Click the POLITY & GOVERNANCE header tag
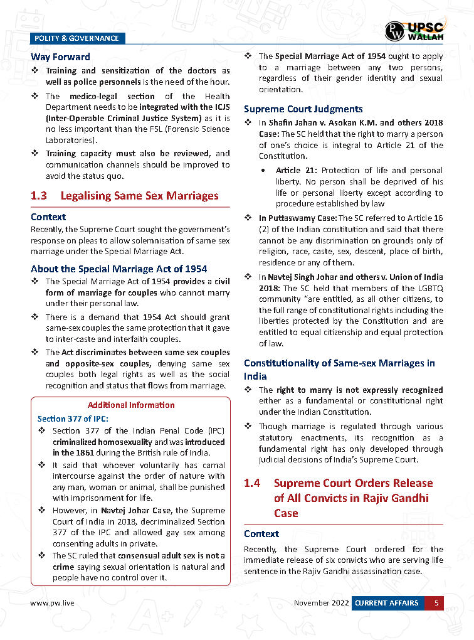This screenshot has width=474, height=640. [x=77, y=38]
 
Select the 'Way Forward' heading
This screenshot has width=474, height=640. [x=60, y=57]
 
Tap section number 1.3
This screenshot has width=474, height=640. [x=39, y=196]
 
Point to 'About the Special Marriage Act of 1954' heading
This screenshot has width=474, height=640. [x=118, y=269]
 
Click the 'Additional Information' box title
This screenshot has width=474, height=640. [x=131, y=405]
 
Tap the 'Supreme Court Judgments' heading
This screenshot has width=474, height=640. [x=303, y=109]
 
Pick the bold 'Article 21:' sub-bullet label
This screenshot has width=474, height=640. [x=297, y=171]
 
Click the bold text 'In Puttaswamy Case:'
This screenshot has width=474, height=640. [x=298, y=218]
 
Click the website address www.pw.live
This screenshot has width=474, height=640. [x=53, y=603]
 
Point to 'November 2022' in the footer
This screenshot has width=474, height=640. [x=321, y=603]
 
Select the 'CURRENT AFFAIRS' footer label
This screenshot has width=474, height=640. [x=386, y=603]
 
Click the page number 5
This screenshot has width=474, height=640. [x=435, y=603]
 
